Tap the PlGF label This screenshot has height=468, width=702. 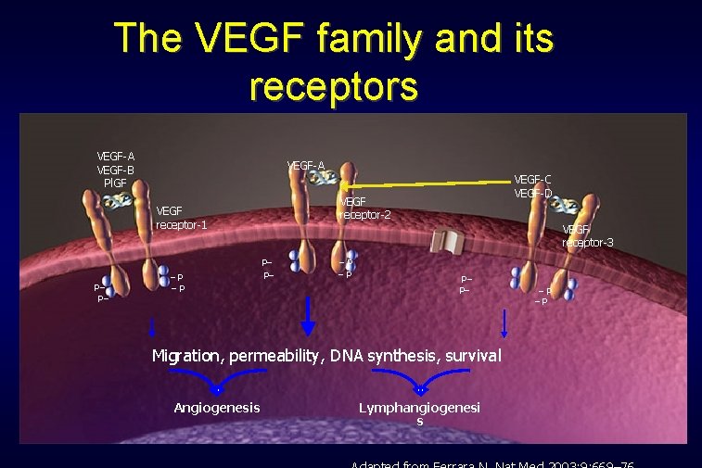pyautogui.click(x=116, y=183)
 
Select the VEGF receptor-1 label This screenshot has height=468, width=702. pyautogui.click(x=182, y=217)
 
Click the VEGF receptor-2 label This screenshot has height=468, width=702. pyautogui.click(x=365, y=209)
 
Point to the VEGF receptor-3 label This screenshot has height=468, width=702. pyautogui.click(x=588, y=235)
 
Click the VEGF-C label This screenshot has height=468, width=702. pyautogui.click(x=533, y=179)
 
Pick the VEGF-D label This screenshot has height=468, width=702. pyautogui.click(x=533, y=193)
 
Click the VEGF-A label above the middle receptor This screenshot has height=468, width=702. pyautogui.click(x=306, y=166)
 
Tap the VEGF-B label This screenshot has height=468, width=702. pyautogui.click(x=116, y=170)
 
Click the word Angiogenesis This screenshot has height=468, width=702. pyautogui.click(x=217, y=408)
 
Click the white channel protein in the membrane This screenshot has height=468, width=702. pyautogui.click(x=448, y=242)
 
